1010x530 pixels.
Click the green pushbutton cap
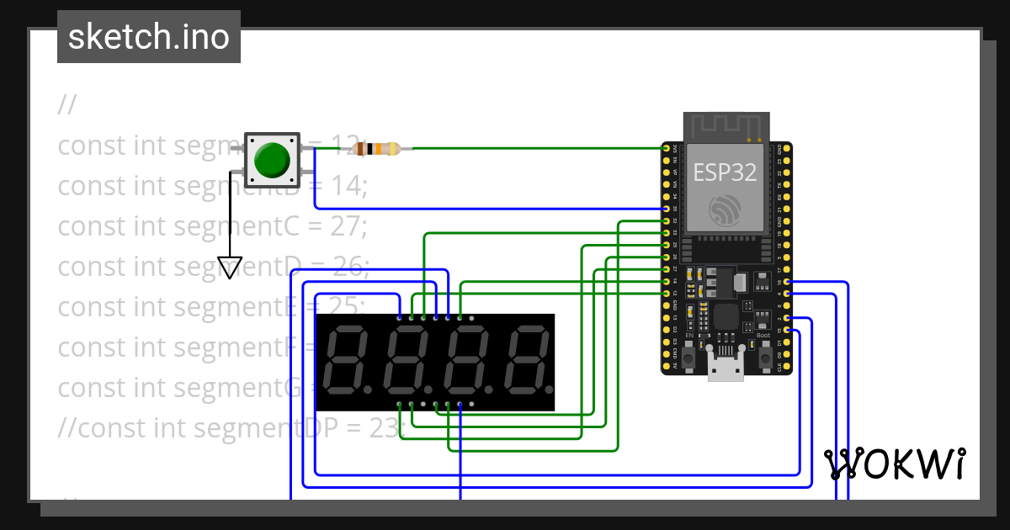(x=272, y=159)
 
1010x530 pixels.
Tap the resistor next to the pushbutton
(x=376, y=149)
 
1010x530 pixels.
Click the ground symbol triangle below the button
(x=229, y=267)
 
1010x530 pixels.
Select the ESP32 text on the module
(x=725, y=172)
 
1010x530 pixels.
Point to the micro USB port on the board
(x=726, y=367)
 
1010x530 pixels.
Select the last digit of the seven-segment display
(x=526, y=363)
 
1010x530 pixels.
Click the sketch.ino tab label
(x=149, y=37)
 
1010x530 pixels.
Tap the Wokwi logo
(x=895, y=464)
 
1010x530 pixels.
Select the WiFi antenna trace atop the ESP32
(x=726, y=126)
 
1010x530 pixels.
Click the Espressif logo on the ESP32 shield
(x=725, y=209)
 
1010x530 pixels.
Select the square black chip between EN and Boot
(x=725, y=316)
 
